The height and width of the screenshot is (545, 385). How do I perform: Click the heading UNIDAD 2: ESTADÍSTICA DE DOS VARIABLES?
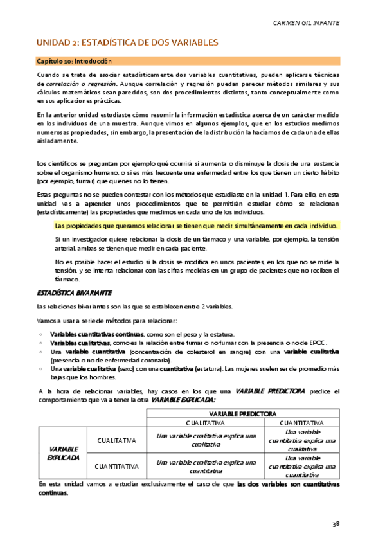[127, 42]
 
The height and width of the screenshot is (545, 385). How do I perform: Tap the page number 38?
[336, 523]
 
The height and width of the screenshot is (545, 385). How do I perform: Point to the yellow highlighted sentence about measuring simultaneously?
[197, 226]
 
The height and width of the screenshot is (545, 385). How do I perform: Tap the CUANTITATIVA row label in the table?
[116, 466]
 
